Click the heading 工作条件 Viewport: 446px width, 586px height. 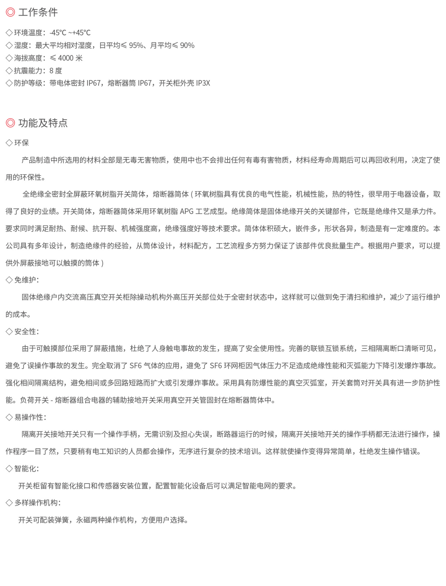pyautogui.click(x=38, y=12)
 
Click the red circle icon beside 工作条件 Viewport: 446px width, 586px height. pyautogui.click(x=10, y=12)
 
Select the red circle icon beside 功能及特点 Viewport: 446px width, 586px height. pyautogui.click(x=10, y=123)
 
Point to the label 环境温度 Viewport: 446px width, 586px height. pyautogui.click(x=28, y=33)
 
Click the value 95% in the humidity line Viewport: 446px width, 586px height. pyautogui.click(x=136, y=45)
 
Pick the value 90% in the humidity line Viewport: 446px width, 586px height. pyautogui.click(x=187, y=45)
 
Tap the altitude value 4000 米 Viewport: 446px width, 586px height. pyautogui.click(x=70, y=58)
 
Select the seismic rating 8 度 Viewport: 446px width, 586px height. pyautogui.click(x=56, y=71)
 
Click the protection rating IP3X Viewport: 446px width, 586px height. pyautogui.click(x=203, y=83)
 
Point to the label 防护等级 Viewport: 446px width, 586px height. pyautogui.click(x=28, y=83)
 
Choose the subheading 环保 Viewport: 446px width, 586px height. pyautogui.click(x=22, y=143)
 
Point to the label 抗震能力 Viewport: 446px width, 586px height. pyautogui.click(x=28, y=71)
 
